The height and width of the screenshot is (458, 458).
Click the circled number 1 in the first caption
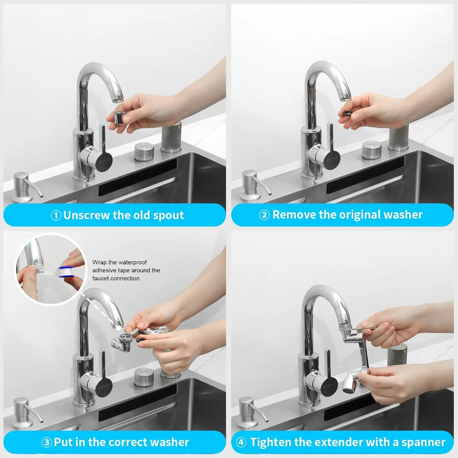[x=56, y=215]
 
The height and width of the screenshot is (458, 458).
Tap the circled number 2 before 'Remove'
[x=264, y=215]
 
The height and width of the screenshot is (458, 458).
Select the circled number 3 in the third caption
[x=47, y=443]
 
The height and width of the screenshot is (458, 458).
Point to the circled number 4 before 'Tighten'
[x=241, y=443]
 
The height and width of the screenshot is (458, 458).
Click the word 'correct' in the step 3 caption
[x=123, y=443]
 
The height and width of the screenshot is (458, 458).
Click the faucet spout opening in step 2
[x=344, y=99]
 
